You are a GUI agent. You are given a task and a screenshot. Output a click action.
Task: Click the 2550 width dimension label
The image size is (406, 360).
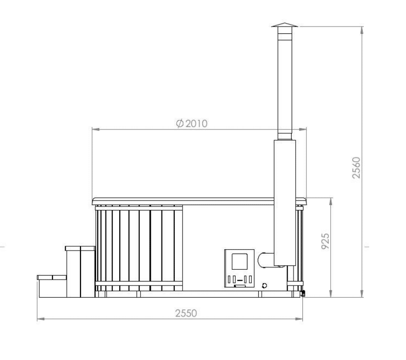point(186,313)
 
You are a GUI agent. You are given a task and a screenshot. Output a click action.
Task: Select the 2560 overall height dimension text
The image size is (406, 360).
point(356,168)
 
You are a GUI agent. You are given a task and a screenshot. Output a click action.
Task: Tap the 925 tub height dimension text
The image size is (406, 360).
point(325,241)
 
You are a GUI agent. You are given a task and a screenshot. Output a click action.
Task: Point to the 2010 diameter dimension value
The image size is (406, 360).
point(196,124)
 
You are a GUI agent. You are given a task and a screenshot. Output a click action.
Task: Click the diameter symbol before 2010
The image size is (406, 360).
point(180,124)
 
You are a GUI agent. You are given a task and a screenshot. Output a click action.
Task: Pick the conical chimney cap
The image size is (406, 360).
point(285,25)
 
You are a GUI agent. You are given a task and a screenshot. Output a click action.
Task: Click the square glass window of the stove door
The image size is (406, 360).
point(239,261)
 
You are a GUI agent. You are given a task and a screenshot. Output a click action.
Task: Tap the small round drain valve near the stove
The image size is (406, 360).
point(264,285)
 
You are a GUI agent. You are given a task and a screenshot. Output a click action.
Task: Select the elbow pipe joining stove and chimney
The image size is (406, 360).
point(266,260)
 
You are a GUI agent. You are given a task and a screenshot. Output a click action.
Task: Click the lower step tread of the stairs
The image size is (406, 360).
point(52,278)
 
